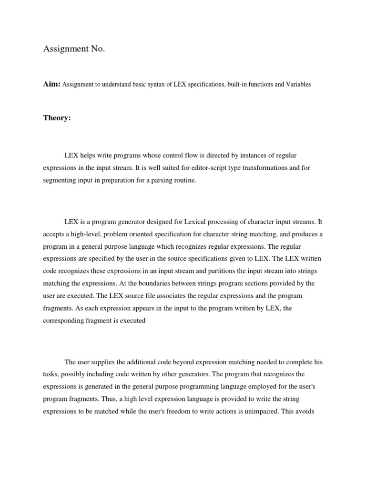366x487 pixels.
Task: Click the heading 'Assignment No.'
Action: click(x=73, y=49)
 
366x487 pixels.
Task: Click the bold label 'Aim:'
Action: click(x=51, y=84)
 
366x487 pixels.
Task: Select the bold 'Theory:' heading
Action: click(x=57, y=118)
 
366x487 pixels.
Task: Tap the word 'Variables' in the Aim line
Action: click(x=298, y=84)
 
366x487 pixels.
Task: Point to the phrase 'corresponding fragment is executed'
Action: click(x=94, y=321)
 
